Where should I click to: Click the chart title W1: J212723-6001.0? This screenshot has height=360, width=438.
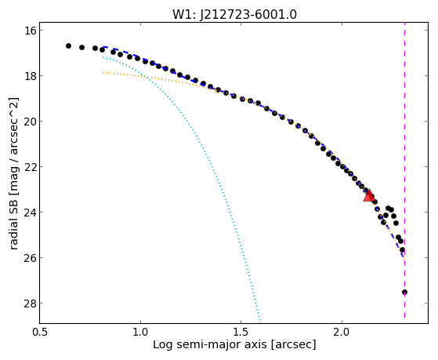234,15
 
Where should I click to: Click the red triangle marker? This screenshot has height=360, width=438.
369,195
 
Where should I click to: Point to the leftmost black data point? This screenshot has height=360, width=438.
68,45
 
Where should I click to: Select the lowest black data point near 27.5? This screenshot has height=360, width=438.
404,293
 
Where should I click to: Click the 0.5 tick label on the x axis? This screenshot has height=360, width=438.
40,332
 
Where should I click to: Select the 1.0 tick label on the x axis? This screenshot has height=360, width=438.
140,332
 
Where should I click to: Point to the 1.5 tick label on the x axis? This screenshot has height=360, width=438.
241,332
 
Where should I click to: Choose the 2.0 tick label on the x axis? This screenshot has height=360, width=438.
342,332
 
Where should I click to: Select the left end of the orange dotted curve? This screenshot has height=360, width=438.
103,72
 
